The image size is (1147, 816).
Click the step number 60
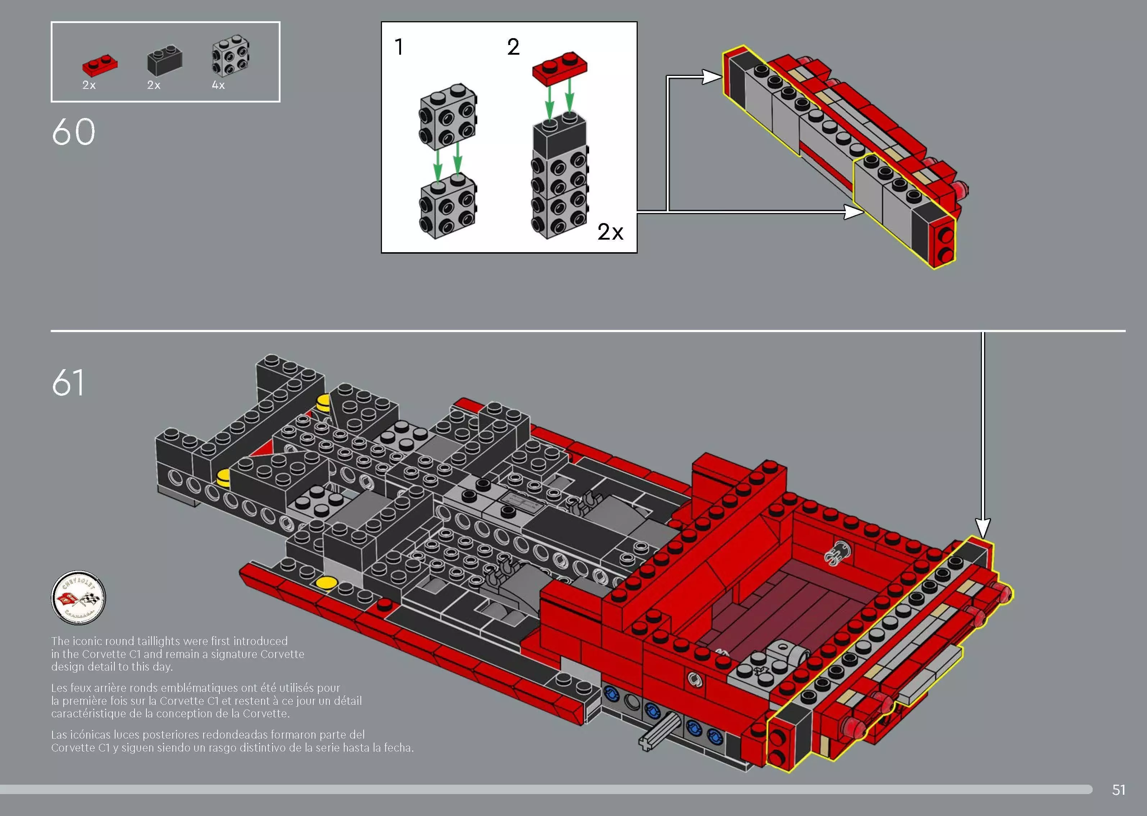[73, 132]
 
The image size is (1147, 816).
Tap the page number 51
[1118, 790]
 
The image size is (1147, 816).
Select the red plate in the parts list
[100, 64]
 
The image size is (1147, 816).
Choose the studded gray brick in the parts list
[231, 55]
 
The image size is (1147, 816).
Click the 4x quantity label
[218, 85]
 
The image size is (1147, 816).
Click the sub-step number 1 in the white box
[399, 47]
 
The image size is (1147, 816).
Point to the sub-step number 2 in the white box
[513, 47]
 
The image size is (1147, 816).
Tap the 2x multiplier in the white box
[610, 232]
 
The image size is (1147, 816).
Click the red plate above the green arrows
[559, 67]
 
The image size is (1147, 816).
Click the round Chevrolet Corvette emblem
[78, 597]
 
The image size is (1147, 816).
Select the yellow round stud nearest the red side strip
[327, 583]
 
